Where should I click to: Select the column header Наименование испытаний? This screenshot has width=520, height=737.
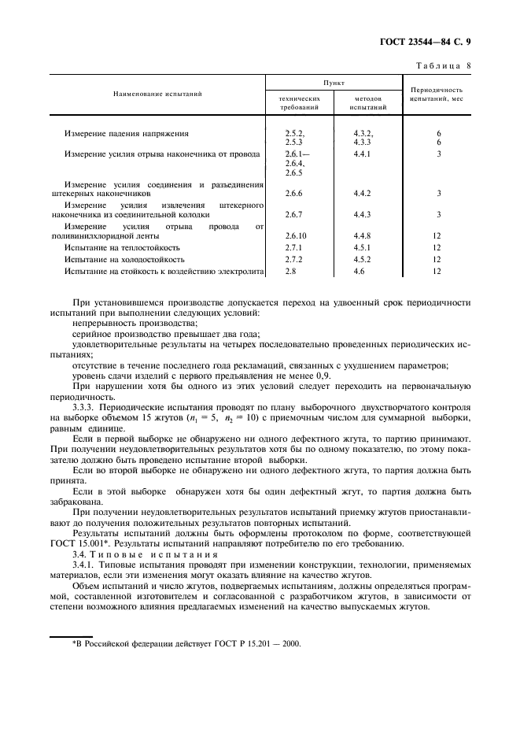coord(157,94)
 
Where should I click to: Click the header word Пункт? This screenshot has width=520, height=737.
coord(333,81)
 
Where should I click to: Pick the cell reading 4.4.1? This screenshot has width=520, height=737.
coord(362,155)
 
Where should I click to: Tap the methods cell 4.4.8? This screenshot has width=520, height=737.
coord(362,235)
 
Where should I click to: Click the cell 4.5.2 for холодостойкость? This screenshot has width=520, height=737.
coord(362,259)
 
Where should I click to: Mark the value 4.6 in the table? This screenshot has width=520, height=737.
coord(360,271)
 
